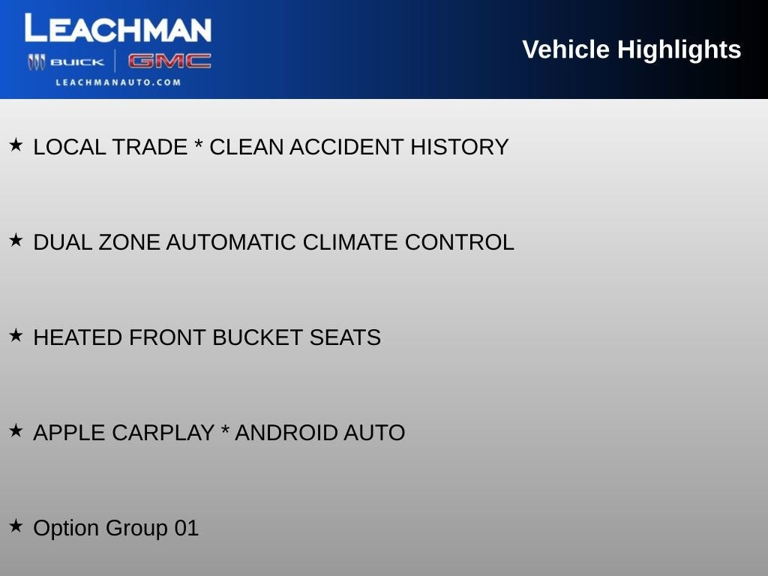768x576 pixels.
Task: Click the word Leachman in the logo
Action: (118, 29)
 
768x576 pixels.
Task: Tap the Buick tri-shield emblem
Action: (37, 62)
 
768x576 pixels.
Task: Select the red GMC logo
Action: (169, 61)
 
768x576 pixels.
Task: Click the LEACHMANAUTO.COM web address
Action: (118, 82)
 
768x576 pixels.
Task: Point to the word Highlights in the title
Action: (679, 49)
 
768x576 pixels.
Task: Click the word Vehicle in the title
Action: (565, 49)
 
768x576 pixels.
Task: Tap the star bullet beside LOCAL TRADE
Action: (16, 145)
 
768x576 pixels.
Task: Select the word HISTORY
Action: (459, 147)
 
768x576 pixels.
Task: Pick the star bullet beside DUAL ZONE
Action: (16, 240)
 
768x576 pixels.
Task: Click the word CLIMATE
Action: (350, 242)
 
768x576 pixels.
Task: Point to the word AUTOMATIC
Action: (231, 242)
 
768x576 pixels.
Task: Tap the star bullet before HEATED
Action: (16, 335)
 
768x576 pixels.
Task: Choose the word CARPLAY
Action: (163, 433)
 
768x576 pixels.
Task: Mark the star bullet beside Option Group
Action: (16, 526)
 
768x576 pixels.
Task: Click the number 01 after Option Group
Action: (187, 528)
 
